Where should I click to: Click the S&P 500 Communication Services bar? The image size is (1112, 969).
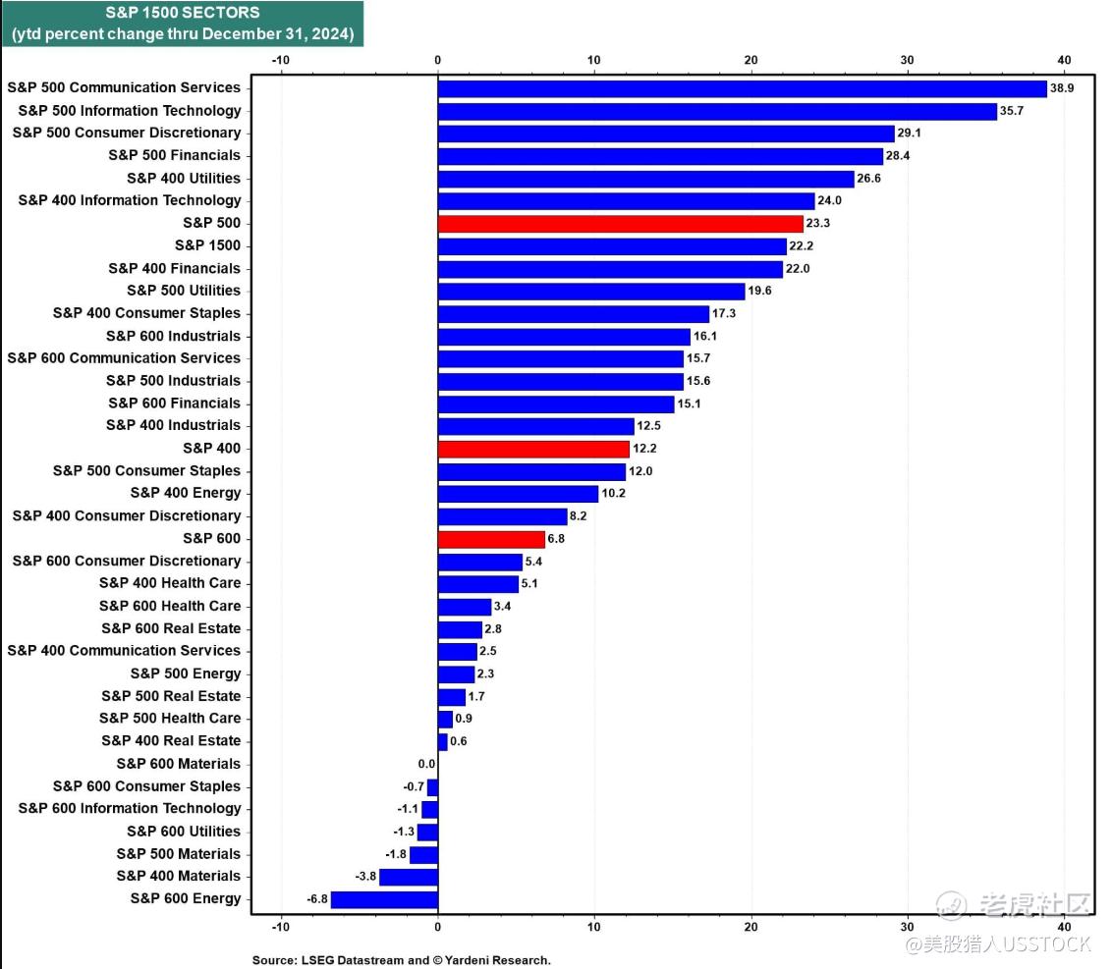[742, 88]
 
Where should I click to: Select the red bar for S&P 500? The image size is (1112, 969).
[620, 224]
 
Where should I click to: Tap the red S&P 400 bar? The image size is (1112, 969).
[533, 449]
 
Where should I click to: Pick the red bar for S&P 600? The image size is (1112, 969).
[491, 539]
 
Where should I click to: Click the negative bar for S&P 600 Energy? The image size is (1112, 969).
[384, 899]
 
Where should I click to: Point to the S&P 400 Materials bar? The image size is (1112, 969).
[408, 877]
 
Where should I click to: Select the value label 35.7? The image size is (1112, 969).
[1012, 111]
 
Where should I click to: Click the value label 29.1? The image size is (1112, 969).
[909, 134]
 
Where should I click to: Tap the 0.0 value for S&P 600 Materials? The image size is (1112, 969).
[425, 764]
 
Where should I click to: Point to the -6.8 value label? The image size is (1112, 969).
[317, 899]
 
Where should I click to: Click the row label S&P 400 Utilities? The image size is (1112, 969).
[184, 178]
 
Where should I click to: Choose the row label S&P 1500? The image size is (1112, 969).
[207, 245]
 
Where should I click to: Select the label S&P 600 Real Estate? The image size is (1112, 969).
[171, 628]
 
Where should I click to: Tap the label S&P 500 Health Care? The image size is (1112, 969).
[170, 718]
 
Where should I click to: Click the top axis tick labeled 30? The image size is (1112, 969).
[907, 60]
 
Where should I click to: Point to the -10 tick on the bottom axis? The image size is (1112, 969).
[281, 927]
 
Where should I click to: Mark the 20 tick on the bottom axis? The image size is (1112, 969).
[751, 927]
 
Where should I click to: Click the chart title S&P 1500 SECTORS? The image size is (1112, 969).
[182, 13]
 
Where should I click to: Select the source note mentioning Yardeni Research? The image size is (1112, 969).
[401, 960]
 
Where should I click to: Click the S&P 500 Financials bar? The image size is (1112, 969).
[660, 156]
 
